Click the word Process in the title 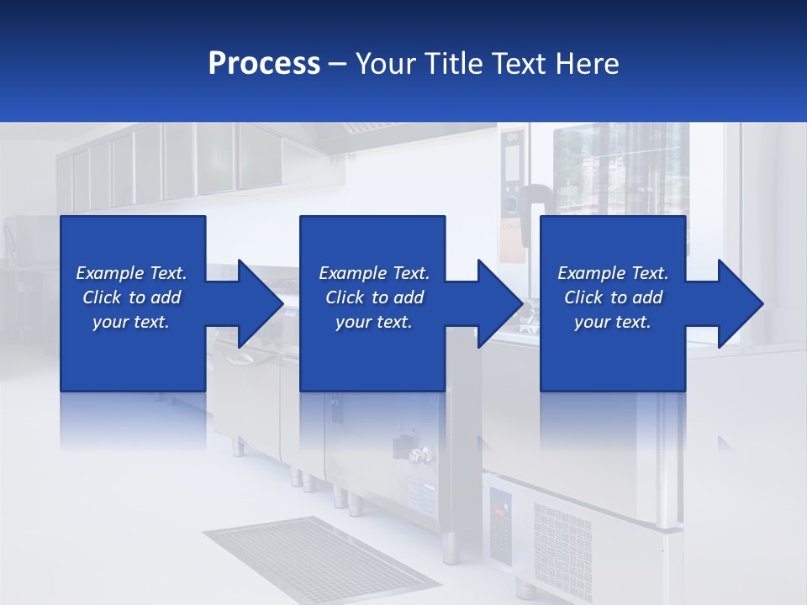click(x=264, y=64)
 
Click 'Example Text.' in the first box click(x=131, y=273)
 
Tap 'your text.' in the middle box click(x=373, y=322)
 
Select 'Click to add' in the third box click(x=613, y=297)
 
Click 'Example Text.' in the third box click(x=613, y=273)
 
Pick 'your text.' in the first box click(x=131, y=322)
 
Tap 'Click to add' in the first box click(x=131, y=297)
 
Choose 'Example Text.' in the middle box click(x=373, y=273)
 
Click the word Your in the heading click(x=385, y=64)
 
